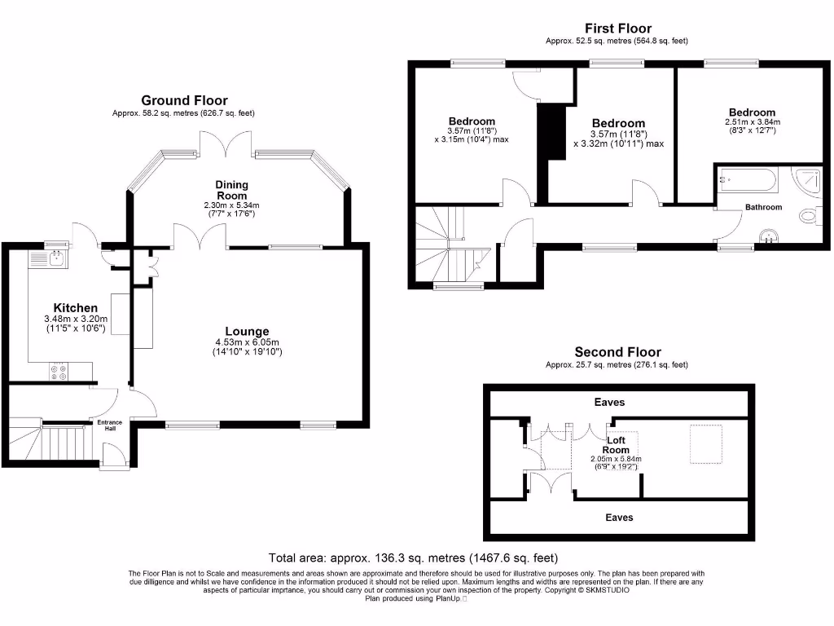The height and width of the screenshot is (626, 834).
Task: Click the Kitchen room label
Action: [76, 307]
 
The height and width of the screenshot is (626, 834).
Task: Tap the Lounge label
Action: [247, 331]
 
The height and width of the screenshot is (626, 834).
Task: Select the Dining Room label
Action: [232, 190]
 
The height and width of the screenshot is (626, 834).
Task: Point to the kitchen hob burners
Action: [59, 372]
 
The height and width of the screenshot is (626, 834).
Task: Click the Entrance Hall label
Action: [110, 425]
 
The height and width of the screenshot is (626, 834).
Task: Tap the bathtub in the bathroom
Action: [748, 180]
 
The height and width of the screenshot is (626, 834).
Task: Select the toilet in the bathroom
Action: [810, 215]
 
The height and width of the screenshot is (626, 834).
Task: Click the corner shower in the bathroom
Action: [807, 179]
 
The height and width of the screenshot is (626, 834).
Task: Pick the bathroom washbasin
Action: [768, 236]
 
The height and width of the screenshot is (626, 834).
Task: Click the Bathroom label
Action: [763, 207]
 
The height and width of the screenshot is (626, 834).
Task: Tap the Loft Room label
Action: [616, 445]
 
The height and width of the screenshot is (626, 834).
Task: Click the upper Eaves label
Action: [609, 402]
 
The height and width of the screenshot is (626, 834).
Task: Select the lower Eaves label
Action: [619, 518]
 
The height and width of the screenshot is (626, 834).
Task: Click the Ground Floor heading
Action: [184, 100]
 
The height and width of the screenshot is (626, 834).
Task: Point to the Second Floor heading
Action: [617, 352]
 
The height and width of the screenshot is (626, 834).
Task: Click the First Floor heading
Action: [618, 29]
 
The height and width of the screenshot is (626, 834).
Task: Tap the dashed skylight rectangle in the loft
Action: [706, 444]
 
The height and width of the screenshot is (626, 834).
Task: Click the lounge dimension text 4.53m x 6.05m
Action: [247, 342]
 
